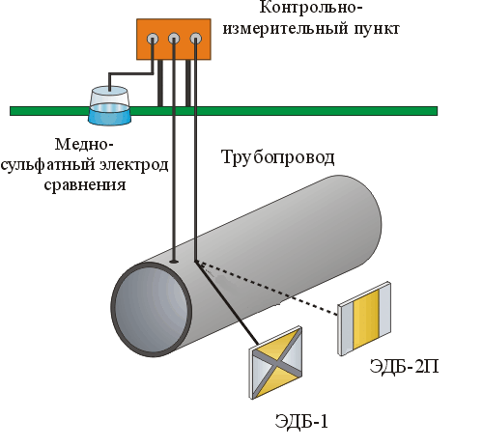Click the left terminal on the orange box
point(153,39)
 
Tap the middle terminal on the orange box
point(174,39)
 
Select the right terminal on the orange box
point(196,39)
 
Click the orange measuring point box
point(174,40)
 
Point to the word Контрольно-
point(311,7)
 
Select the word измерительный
point(286,29)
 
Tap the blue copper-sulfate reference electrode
point(109,106)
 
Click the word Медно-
point(84,144)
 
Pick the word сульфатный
point(48,165)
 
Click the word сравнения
point(85,185)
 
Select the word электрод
point(134,165)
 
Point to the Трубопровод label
point(277,157)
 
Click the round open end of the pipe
point(152,310)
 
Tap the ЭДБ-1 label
point(301,421)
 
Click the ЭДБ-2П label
point(404,366)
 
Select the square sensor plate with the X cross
point(276,363)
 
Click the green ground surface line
point(223,111)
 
